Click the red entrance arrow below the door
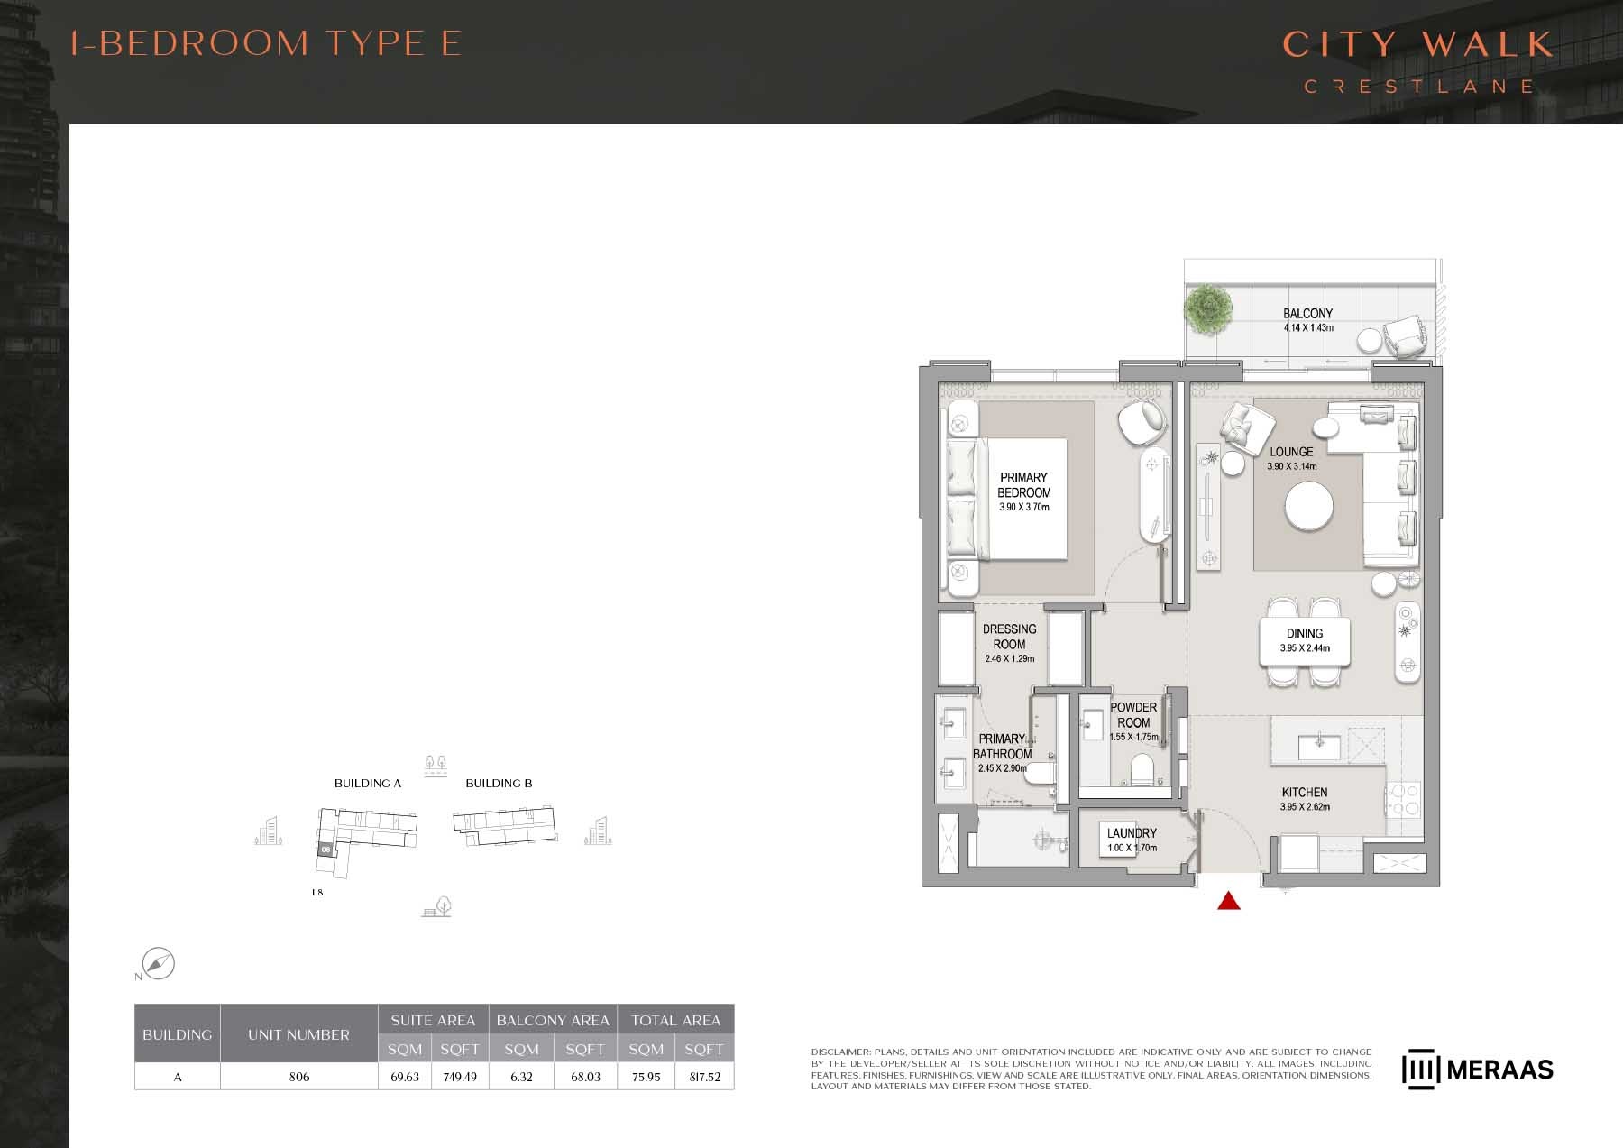coord(1229,900)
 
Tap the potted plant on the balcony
coord(1207,308)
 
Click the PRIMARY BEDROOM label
coord(1023,485)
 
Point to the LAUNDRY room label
coord(1132,833)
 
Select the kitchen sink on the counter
coord(1318,746)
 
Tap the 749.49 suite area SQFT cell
coord(460,1077)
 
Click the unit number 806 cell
coord(298,1077)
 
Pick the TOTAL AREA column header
coord(675,1020)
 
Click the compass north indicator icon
coord(159,963)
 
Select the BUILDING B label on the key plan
coord(499,783)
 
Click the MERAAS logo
coord(1477,1070)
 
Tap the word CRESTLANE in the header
coord(1418,87)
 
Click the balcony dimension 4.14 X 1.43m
coord(1307,328)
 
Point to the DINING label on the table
coord(1304,633)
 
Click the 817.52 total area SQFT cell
coord(703,1077)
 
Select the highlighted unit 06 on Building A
coord(326,849)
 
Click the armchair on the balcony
coord(1406,337)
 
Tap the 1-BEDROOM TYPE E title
coord(266,43)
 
